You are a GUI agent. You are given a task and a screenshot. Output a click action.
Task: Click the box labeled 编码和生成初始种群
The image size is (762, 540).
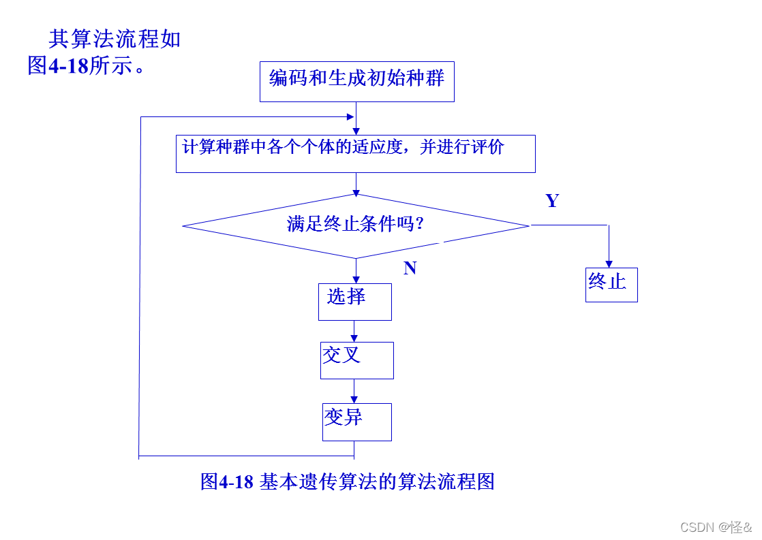[357, 82]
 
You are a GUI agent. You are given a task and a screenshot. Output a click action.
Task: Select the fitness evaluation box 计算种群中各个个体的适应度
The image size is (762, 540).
[355, 153]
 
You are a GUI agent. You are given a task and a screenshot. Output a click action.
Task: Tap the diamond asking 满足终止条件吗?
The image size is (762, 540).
[356, 225]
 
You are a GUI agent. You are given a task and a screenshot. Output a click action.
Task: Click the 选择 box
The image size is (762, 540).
[354, 302]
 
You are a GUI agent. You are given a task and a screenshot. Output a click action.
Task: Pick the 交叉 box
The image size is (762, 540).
[356, 360]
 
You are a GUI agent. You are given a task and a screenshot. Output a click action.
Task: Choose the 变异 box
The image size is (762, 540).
[356, 422]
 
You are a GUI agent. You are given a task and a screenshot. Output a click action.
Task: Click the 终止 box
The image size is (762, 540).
[611, 284]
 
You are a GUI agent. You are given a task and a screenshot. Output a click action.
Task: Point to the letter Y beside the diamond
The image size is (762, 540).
[552, 201]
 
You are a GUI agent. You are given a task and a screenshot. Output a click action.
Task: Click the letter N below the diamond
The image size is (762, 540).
[410, 268]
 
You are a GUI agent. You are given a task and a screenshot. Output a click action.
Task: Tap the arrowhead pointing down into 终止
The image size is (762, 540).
[609, 264]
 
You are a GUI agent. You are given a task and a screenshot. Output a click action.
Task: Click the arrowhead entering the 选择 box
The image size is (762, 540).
[355, 279]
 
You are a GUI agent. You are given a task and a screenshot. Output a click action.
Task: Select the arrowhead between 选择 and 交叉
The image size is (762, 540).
[354, 338]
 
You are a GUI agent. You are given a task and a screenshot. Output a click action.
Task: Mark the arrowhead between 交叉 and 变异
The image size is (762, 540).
[354, 399]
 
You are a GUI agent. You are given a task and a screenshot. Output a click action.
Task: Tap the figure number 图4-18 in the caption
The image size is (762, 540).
[227, 481]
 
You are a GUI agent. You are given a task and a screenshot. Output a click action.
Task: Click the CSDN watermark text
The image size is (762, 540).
[716, 527]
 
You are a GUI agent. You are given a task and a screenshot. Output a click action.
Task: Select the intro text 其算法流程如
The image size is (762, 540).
[115, 39]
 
